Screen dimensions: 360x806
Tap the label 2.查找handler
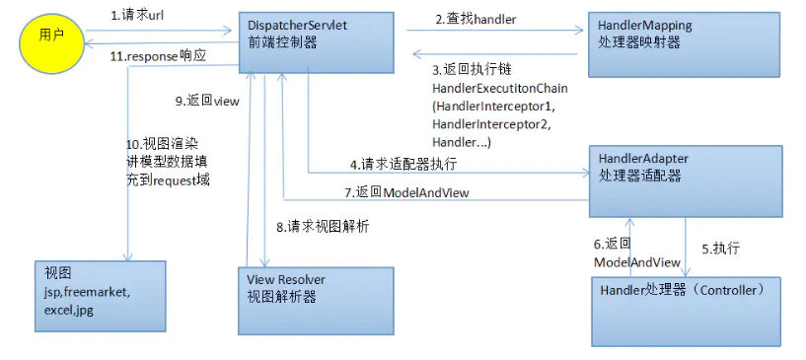475,19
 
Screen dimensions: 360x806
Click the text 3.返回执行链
471,70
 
